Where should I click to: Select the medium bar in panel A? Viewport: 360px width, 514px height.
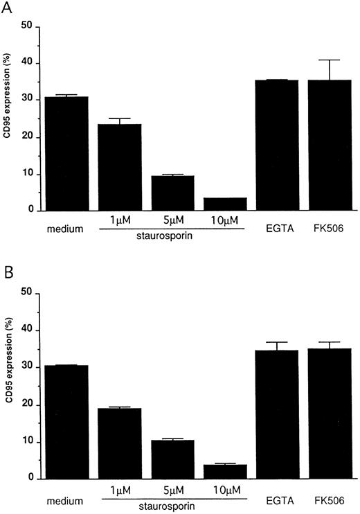pos(67,153)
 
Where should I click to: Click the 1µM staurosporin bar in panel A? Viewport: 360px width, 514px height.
pos(119,167)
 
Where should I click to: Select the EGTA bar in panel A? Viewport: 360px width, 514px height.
pos(277,145)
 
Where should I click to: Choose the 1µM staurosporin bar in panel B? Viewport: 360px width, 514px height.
pos(119,443)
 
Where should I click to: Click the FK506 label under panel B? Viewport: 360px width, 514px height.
pos(330,498)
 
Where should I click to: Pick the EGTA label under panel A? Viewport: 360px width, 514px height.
pos(277,229)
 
